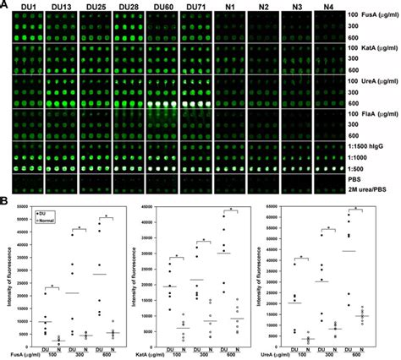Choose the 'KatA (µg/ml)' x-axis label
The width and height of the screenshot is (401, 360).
coord(153,352)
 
